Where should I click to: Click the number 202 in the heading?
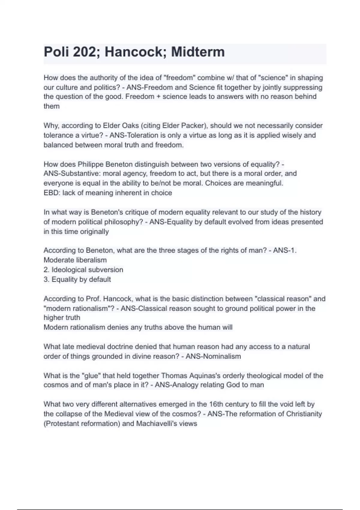84,52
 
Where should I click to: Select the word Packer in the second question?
192,126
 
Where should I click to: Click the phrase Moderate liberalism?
75,260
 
